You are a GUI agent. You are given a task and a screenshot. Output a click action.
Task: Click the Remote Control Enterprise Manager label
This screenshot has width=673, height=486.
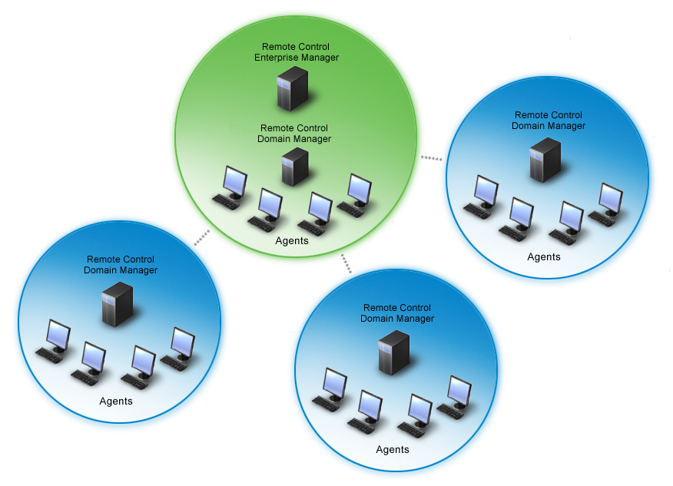(x=300, y=52)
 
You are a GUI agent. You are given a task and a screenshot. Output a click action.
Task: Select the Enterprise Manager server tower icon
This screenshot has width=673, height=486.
(x=292, y=88)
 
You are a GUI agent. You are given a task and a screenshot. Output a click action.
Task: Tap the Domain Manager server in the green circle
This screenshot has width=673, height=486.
(x=294, y=167)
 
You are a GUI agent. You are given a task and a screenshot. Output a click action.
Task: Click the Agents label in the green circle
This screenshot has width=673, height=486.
(x=292, y=241)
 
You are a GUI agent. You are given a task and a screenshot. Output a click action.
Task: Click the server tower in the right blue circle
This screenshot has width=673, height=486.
(x=545, y=160)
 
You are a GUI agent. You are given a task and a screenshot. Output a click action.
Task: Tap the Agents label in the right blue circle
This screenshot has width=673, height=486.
(x=544, y=257)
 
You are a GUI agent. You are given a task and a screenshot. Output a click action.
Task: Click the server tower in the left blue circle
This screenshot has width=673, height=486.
(x=118, y=304)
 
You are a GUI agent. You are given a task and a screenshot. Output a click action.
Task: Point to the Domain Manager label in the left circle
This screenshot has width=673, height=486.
(x=121, y=265)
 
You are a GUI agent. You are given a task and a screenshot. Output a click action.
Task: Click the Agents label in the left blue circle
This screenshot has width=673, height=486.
(x=116, y=402)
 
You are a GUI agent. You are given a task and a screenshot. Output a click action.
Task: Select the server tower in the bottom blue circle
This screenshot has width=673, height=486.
(x=394, y=352)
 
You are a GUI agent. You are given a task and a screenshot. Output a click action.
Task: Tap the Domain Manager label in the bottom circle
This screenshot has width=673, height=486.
(x=397, y=313)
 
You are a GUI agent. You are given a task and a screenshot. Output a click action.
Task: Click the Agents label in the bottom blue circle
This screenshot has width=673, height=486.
(x=393, y=449)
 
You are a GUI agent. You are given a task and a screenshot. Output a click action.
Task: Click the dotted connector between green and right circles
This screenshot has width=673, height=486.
(x=432, y=158)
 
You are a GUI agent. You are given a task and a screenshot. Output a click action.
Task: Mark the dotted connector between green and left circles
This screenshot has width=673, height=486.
(x=201, y=238)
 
